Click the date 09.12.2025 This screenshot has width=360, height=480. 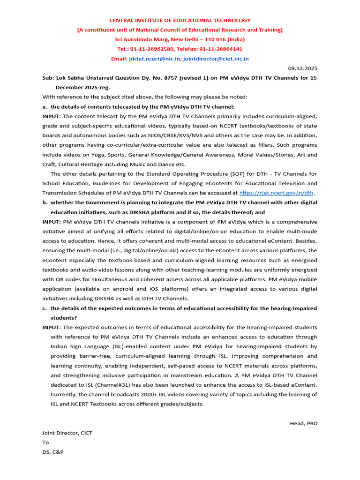302,68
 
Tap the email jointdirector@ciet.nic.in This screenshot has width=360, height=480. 216,59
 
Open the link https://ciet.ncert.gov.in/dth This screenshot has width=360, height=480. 277,193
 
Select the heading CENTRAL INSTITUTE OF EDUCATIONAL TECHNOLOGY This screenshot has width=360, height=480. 180,21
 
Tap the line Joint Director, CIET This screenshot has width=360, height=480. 67,433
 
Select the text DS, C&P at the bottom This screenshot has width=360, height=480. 52,452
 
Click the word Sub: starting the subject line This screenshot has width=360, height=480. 48,78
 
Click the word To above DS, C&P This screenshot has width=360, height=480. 45,442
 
